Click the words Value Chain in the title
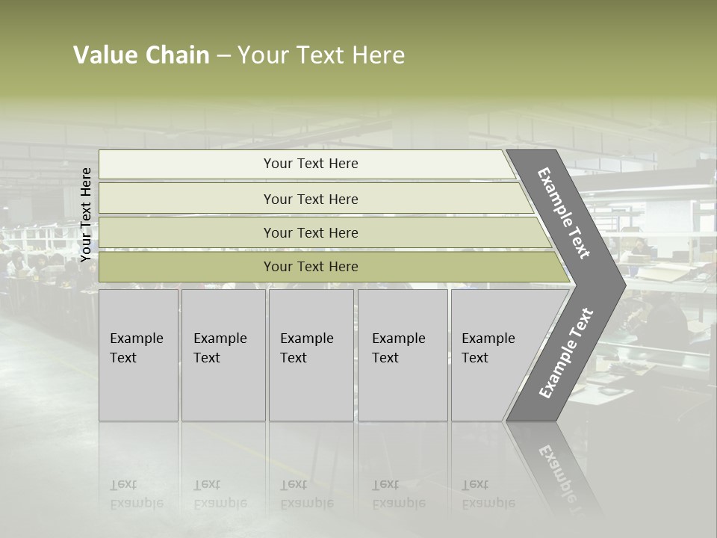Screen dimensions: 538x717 [141, 55]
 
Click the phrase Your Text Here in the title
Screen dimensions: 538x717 [321, 55]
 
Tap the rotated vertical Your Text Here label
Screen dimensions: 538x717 [86, 214]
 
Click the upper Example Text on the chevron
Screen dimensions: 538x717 [564, 213]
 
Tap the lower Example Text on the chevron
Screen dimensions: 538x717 [566, 353]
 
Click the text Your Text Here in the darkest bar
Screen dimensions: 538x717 [311, 267]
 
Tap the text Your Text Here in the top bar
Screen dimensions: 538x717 [311, 164]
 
